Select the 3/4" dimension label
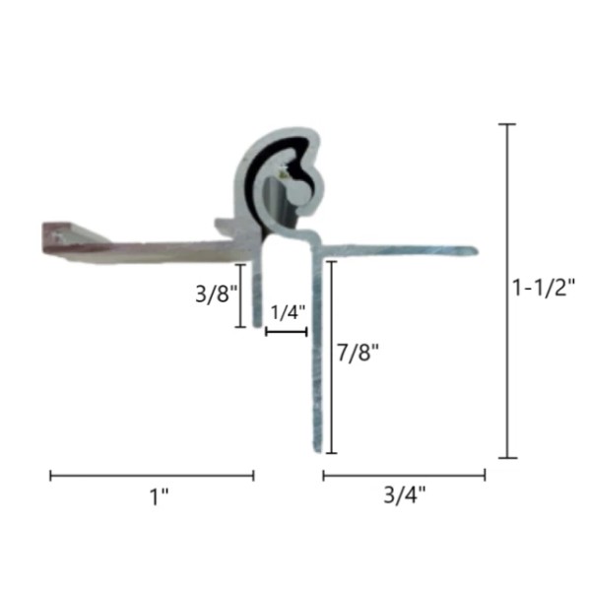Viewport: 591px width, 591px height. pyautogui.click(x=405, y=494)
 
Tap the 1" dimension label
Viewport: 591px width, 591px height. pyautogui.click(x=159, y=496)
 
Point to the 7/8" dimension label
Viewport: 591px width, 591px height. pyautogui.click(x=358, y=353)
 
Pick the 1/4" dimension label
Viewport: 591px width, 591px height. pyautogui.click(x=288, y=312)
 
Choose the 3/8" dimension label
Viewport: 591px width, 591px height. pyautogui.click(x=217, y=294)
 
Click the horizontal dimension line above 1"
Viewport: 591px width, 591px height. pyautogui.click(x=152, y=476)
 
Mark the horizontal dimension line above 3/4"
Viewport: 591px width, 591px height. pyautogui.click(x=404, y=476)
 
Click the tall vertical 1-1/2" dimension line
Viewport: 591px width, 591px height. pyautogui.click(x=507, y=291)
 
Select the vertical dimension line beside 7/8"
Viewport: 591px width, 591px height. pyautogui.click(x=331, y=357)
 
